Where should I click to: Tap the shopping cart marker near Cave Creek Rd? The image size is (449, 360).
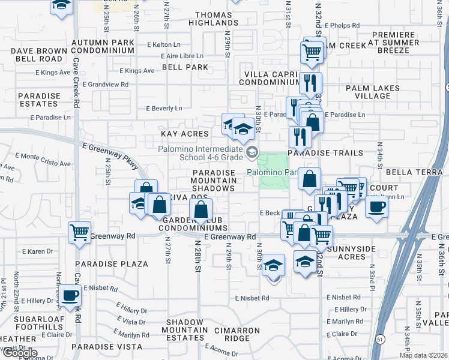(x=79, y=233)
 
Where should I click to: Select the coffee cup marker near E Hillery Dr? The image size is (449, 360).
(x=71, y=297)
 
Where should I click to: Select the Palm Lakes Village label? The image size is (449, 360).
(x=373, y=92)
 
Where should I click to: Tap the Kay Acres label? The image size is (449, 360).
(x=184, y=134)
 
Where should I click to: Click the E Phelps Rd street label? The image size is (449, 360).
(x=339, y=26)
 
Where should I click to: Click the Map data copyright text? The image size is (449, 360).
(x=424, y=355)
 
